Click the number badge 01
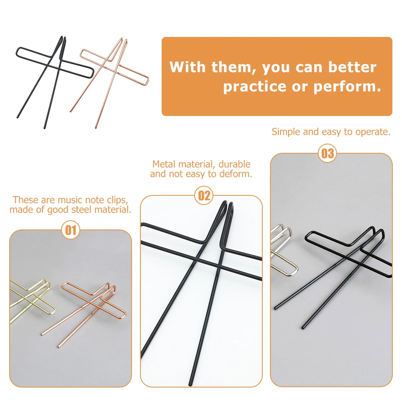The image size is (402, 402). pos(71,230)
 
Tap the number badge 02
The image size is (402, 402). pos(204,196)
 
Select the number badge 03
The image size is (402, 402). pos(327,154)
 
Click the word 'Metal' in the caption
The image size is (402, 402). pos(164,164)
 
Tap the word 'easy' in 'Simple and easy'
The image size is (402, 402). pos(331,132)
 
